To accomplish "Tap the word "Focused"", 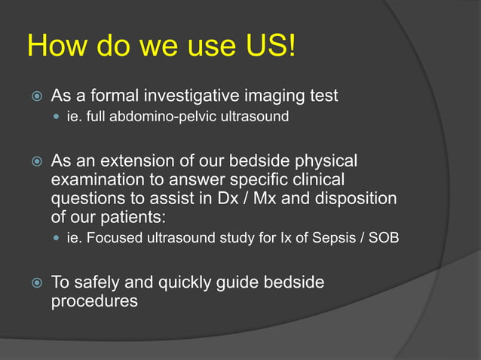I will tap(112, 239).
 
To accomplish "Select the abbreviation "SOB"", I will tap(384, 239).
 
